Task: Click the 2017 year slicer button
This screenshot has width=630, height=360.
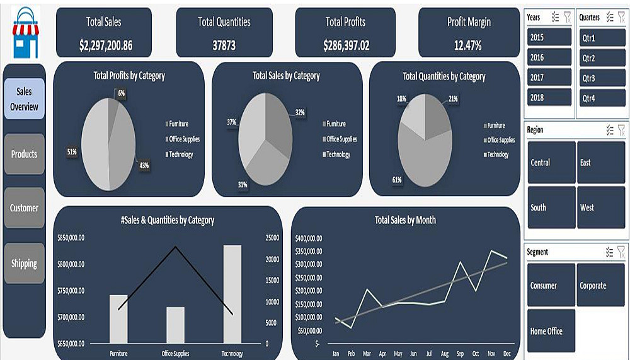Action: tap(549, 78)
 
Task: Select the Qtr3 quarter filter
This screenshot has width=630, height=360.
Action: tap(602, 78)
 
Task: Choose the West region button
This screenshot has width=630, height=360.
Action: tap(601, 207)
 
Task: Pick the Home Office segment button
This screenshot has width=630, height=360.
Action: tap(551, 331)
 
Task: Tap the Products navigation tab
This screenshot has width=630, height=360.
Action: tap(24, 154)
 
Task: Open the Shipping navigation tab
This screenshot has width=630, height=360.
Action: tap(24, 264)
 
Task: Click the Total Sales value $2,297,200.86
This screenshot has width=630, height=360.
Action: tap(106, 45)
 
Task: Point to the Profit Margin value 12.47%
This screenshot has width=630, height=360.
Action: tap(468, 45)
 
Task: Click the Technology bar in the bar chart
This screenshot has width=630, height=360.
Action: tap(232, 294)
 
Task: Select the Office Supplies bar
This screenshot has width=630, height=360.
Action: tap(176, 325)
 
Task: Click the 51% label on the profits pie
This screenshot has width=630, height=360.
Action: tap(71, 152)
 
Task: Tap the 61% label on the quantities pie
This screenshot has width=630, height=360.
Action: tap(397, 180)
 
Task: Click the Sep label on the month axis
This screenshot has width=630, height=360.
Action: tap(460, 354)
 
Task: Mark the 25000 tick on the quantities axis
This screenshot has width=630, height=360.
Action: tap(272, 238)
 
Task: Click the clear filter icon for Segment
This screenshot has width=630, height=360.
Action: tap(621, 252)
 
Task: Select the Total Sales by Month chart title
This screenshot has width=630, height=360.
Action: tap(405, 220)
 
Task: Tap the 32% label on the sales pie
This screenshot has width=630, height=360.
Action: tap(300, 112)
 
